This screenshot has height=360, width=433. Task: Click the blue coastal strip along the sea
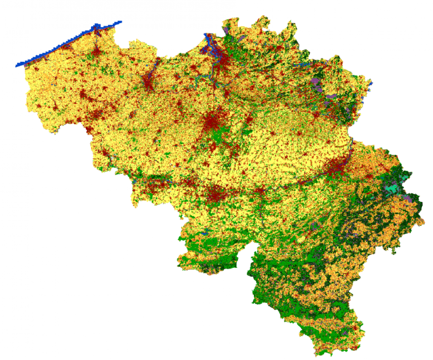click(60, 47)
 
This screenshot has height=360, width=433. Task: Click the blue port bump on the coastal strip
click(97, 27)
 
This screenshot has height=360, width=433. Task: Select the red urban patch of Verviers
click(369, 177)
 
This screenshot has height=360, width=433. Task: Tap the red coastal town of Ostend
click(66, 47)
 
